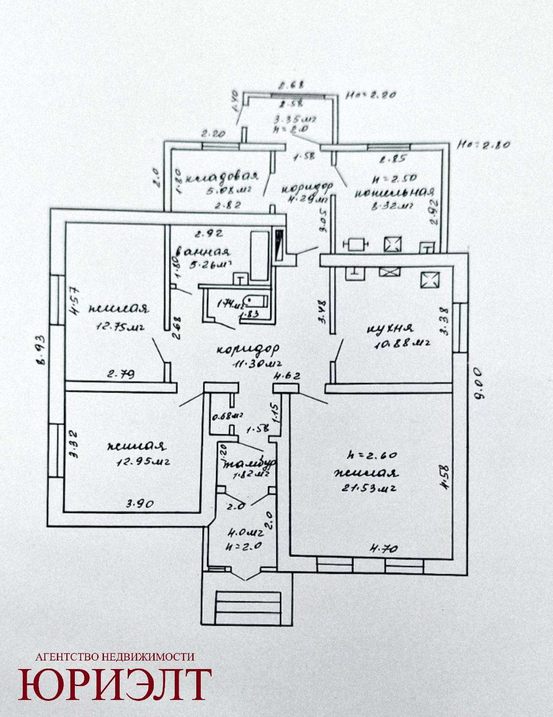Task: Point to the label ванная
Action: [x=203, y=252]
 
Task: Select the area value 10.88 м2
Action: [x=402, y=344]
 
